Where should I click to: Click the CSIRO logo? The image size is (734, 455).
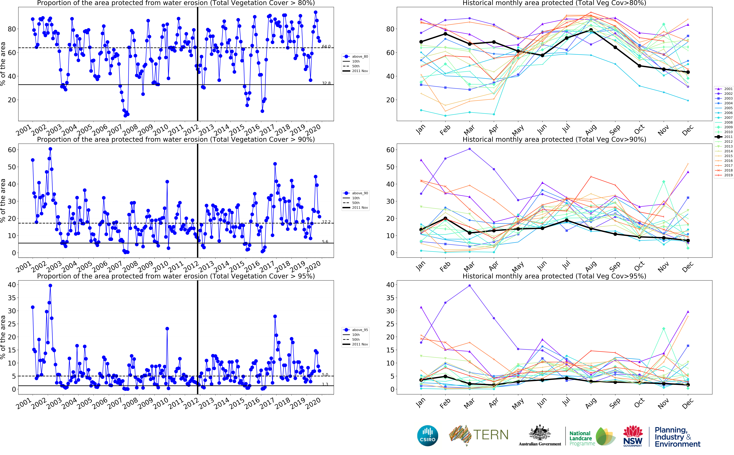tap(428, 436)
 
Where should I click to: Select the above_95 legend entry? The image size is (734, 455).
tap(360, 330)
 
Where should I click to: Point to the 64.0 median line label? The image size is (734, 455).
tap(326, 46)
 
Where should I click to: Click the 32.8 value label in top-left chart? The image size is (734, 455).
tap(326, 83)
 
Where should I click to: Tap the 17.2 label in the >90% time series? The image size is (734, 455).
tap(326, 222)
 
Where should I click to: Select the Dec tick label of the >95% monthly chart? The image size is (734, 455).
tap(688, 403)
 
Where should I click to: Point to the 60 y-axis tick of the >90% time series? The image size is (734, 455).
tap(12, 150)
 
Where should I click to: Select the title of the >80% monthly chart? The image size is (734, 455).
tap(554, 3)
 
